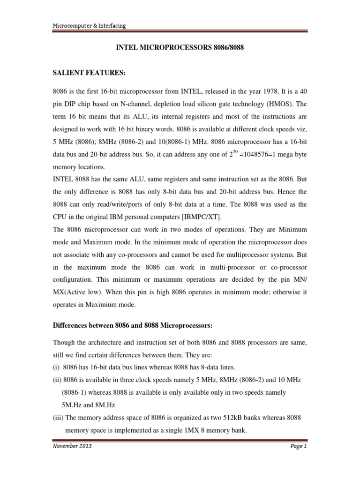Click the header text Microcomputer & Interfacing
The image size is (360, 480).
tap(89, 26)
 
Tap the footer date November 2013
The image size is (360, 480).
tap(71, 446)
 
